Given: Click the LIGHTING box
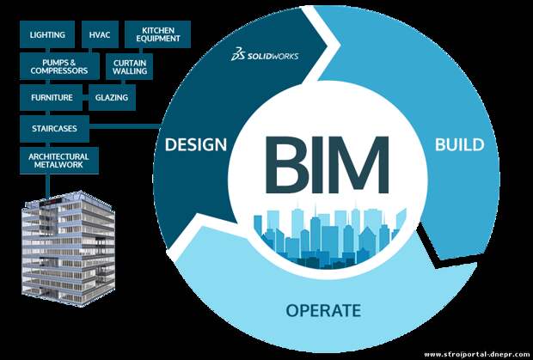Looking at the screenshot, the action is [x=47, y=34].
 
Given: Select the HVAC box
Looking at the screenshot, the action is [x=100, y=34].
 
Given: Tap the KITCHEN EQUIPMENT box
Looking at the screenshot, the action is [x=157, y=34].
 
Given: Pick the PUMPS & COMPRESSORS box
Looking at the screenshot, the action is [x=59, y=66].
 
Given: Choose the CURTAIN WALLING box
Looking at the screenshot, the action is [x=130, y=66].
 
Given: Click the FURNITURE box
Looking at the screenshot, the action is [x=52, y=97].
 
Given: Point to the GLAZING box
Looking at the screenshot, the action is [x=112, y=97].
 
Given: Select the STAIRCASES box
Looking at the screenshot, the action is [x=54, y=129].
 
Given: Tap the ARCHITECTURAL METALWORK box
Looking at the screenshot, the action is [x=59, y=161].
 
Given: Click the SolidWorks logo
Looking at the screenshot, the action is [x=265, y=55].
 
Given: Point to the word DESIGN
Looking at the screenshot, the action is [x=196, y=144].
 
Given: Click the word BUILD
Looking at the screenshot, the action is [x=460, y=144].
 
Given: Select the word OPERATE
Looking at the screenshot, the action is [x=323, y=310].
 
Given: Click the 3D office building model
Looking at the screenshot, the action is [x=68, y=248].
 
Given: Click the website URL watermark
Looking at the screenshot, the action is [x=477, y=354].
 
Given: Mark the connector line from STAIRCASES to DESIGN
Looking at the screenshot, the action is [x=125, y=128].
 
